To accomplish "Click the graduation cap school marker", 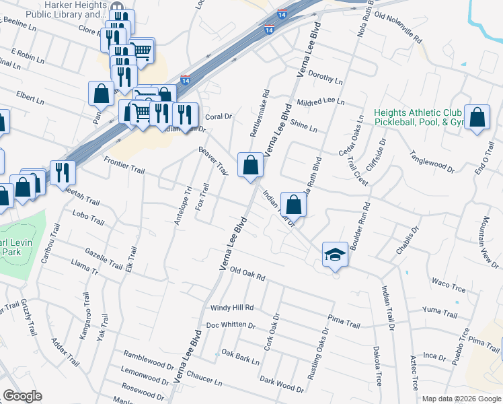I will [335, 255].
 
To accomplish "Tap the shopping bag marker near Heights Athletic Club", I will [477, 118].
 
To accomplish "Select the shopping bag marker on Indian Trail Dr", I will [293, 203].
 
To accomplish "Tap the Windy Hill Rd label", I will [232, 308].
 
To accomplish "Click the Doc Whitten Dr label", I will [231, 325].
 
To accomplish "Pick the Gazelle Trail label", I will [104, 259].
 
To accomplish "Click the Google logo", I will [22, 395].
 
